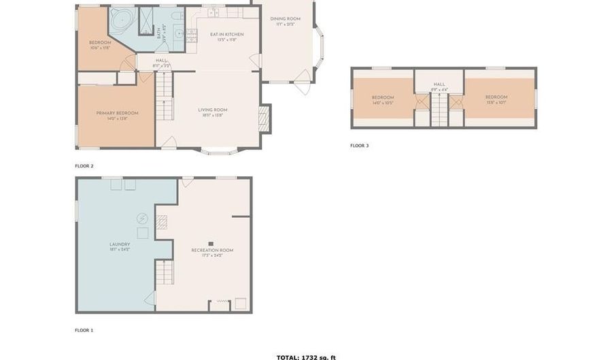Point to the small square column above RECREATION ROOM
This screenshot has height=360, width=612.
point(211,243)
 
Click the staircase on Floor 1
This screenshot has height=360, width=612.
point(164,274)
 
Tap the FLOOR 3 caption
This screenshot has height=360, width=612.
point(360,146)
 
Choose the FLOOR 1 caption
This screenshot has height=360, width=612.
point(84,330)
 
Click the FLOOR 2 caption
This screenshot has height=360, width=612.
point(84,166)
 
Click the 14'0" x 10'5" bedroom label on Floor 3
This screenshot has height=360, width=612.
point(383,100)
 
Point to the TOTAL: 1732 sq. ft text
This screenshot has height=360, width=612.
point(306,357)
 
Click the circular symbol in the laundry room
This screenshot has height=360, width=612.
point(143,218)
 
